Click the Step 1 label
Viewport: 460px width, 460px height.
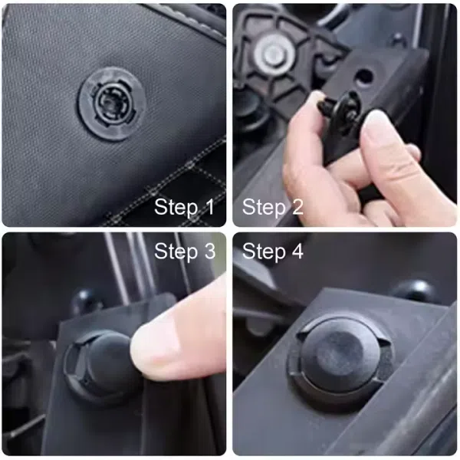pyautogui.click(x=184, y=208)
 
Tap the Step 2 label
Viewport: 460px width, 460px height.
pyautogui.click(x=272, y=208)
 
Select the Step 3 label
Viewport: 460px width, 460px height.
pyautogui.click(x=185, y=251)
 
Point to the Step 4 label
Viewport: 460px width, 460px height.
pyautogui.click(x=272, y=251)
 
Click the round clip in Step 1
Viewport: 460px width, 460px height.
pyautogui.click(x=112, y=103)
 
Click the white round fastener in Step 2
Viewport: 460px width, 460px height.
pyautogui.click(x=274, y=54)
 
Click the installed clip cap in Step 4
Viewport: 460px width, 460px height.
pyautogui.click(x=341, y=356)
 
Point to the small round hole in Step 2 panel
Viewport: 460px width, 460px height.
pyautogui.click(x=364, y=77)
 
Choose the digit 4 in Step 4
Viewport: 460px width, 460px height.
pyautogui.click(x=297, y=251)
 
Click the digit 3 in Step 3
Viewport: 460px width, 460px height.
pyautogui.click(x=210, y=251)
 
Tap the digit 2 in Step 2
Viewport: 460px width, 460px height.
pyautogui.click(x=297, y=207)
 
